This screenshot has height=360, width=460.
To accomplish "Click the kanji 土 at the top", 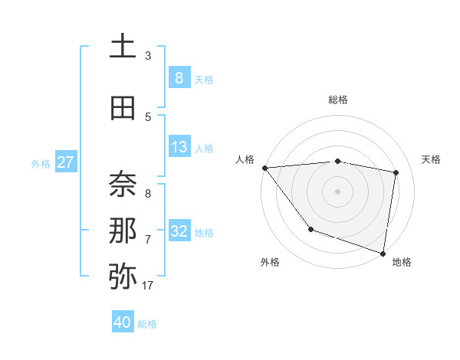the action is click(123, 47).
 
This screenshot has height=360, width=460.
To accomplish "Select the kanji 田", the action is click(123, 108).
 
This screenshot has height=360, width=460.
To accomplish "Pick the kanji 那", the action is click(123, 230).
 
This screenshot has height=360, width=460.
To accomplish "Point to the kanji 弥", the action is click(123, 276).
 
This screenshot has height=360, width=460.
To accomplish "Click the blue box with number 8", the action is click(179, 77).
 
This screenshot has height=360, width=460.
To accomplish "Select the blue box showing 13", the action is click(179, 146).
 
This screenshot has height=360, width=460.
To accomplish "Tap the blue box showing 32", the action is click(179, 231).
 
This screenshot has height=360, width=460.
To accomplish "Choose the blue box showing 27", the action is click(66, 162).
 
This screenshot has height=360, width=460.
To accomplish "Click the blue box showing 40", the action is click(123, 322).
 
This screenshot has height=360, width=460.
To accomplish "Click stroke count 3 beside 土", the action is click(148, 56).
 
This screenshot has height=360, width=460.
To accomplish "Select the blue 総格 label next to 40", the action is click(147, 324).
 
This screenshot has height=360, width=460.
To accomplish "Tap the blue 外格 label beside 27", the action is click(41, 163).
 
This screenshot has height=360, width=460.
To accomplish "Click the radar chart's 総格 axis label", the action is click(337, 100).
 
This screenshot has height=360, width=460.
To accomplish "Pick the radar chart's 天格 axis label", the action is click(432, 159).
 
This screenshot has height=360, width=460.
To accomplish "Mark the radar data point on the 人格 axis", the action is click(264, 168).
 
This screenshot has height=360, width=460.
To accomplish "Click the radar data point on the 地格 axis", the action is click(383, 253).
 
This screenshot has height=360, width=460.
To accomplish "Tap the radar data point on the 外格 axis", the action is click(310, 229).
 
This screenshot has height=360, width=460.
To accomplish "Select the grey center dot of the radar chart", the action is click(337, 191).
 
